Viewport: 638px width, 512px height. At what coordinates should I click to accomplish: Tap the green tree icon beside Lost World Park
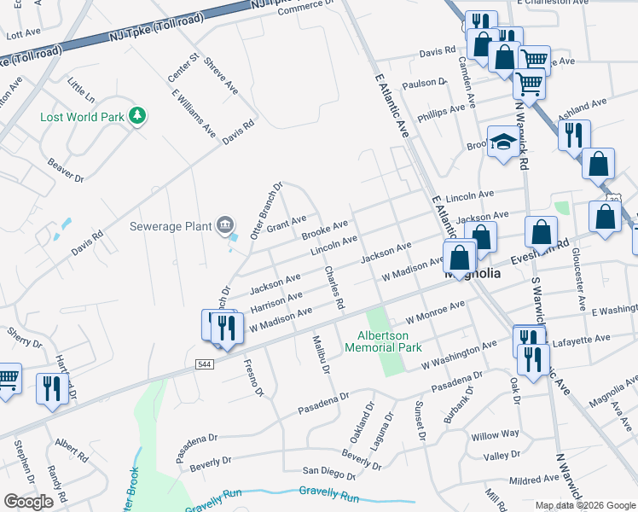pyautogui.click(x=136, y=116)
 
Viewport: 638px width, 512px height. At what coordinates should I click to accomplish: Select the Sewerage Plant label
pyautogui.click(x=170, y=226)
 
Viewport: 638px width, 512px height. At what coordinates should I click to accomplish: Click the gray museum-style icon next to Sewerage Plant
pyautogui.click(x=225, y=224)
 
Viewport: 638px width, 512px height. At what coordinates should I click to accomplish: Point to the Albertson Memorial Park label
pyautogui.click(x=383, y=341)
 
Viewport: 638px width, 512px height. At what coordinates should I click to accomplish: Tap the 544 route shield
pyautogui.click(x=205, y=364)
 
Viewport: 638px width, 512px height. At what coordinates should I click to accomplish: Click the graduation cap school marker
pyautogui.click(x=503, y=143)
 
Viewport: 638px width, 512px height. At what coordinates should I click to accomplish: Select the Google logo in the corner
pyautogui.click(x=28, y=502)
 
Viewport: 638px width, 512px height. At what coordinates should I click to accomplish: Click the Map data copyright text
pyautogui.click(x=585, y=505)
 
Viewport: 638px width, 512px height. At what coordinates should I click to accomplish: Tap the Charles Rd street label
pyautogui.click(x=334, y=288)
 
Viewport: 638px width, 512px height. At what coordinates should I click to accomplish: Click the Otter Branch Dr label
pyautogui.click(x=266, y=210)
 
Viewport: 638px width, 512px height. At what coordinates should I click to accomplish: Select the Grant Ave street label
pyautogui.click(x=286, y=224)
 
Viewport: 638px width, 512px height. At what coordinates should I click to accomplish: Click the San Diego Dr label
pyautogui.click(x=329, y=472)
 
